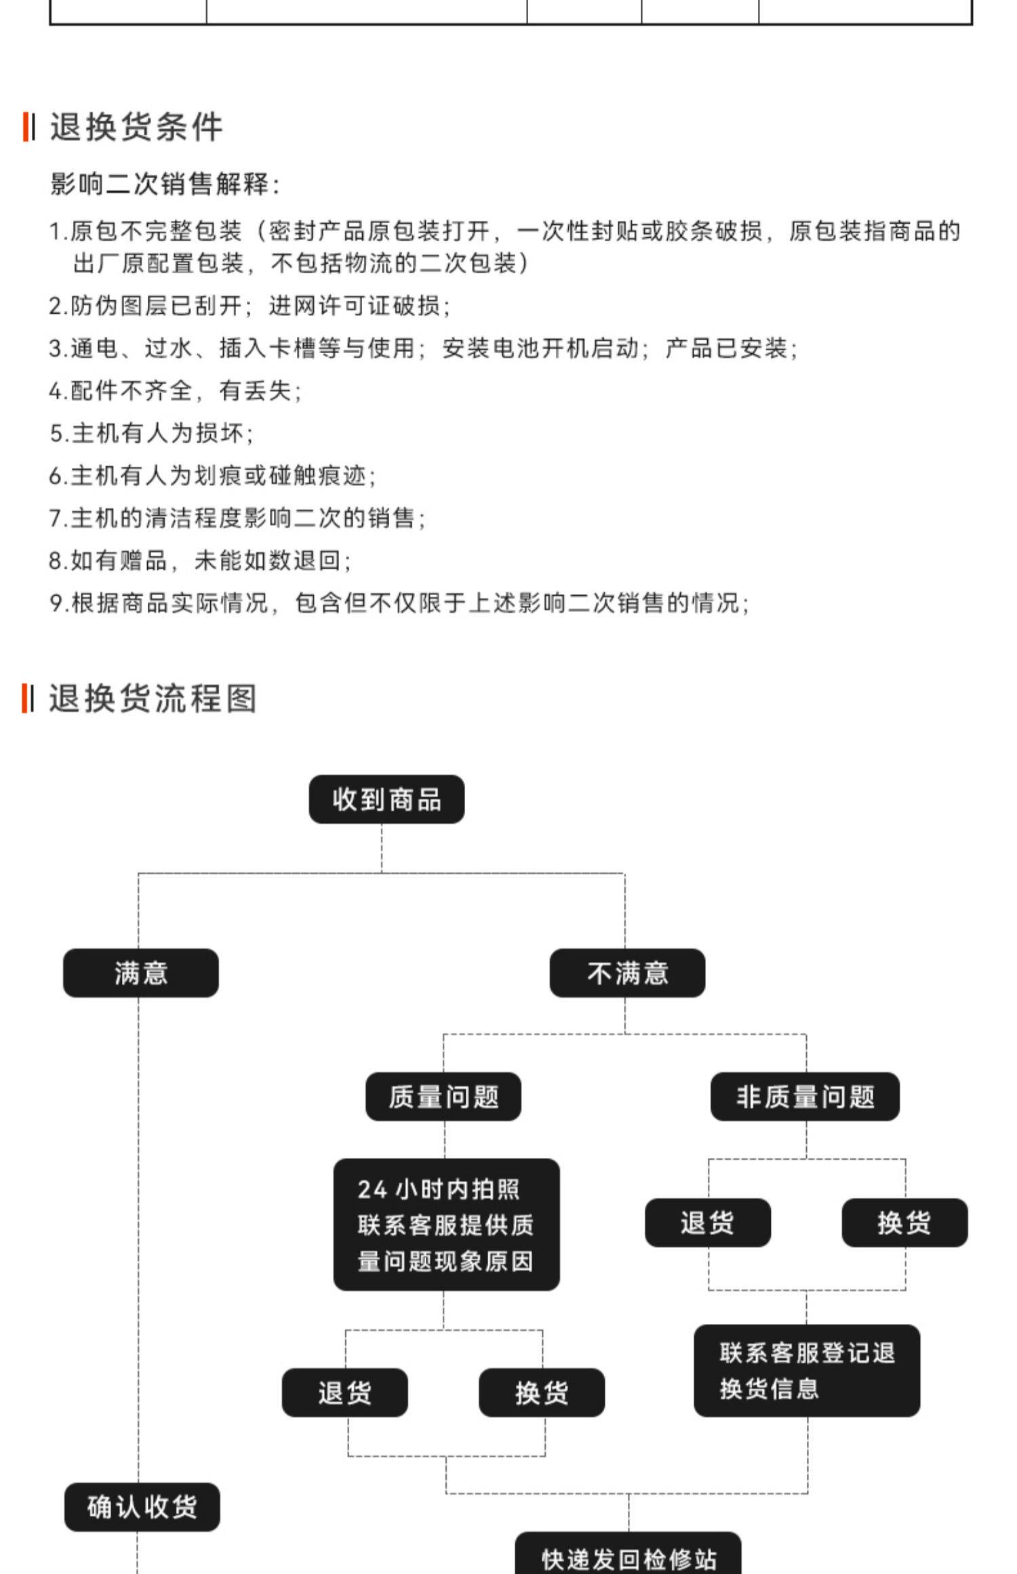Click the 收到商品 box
386,799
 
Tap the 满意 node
141,973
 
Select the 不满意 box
627,973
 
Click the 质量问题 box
443,1096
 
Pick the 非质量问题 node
805,1096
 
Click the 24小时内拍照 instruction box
446,1224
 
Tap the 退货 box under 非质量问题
708,1222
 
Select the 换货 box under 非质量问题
904,1222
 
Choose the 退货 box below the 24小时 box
344,1392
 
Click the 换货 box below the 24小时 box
541,1392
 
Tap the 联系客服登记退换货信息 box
807,1371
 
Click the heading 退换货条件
136,127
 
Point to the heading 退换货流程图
153,698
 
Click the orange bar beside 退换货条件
26,127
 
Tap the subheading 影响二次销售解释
165,184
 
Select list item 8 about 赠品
200,560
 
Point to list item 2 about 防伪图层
250,306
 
